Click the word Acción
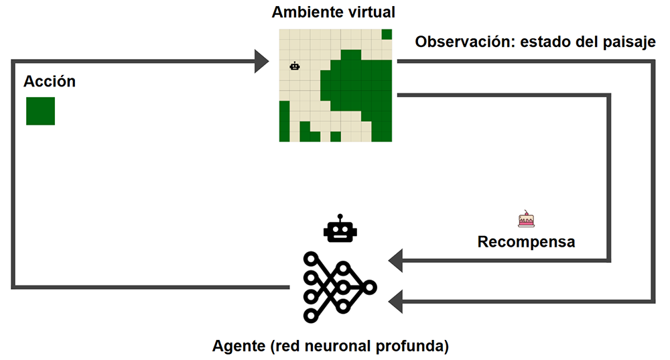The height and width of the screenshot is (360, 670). coord(50,82)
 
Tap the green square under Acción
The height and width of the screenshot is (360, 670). coord(40,111)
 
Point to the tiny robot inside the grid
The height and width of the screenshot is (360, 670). coord(295,66)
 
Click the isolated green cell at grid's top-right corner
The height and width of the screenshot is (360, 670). coord(387,34)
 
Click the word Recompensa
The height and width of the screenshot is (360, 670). coord(526,241)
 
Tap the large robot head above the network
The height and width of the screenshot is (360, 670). coord(340,230)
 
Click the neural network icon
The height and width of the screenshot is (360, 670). coord(340,286)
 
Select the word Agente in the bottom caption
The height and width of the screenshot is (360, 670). coord(238,347)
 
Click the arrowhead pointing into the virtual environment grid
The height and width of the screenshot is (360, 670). coord(262,62)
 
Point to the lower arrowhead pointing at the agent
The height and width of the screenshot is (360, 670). coord(396,301)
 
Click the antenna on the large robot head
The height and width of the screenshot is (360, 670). coord(340,218)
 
